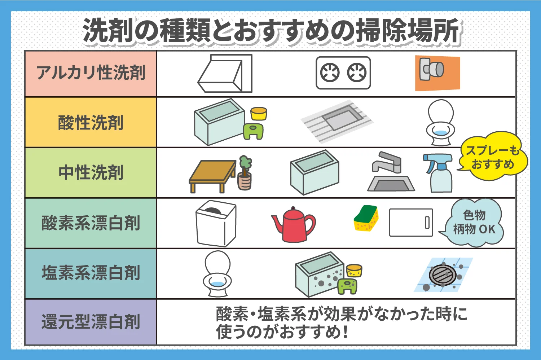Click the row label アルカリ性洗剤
[x=91, y=73]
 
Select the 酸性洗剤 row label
[x=91, y=123]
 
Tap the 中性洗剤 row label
[x=91, y=172]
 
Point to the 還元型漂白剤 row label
[x=91, y=322]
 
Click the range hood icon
[x=224, y=74]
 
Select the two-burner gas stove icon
[x=343, y=73]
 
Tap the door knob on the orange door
[x=432, y=69]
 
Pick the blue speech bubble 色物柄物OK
[x=474, y=223]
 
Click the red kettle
[x=294, y=225]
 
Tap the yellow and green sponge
[x=366, y=218]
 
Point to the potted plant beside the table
[x=245, y=173]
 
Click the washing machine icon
[x=216, y=223]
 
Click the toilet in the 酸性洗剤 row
[x=440, y=123]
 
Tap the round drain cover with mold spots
[x=443, y=275]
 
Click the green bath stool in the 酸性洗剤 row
[x=253, y=131]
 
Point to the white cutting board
[x=411, y=222]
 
